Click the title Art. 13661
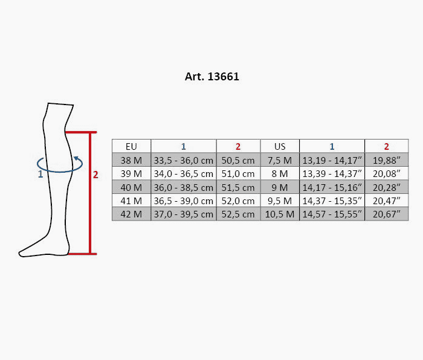(x=211, y=77)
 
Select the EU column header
(x=131, y=146)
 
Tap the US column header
(x=280, y=146)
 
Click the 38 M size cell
(x=131, y=160)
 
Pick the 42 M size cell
(x=131, y=214)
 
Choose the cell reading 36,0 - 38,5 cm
(x=184, y=187)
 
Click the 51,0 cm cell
(x=238, y=174)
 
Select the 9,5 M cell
(x=280, y=201)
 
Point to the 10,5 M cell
(x=280, y=214)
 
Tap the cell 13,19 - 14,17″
(x=332, y=160)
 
